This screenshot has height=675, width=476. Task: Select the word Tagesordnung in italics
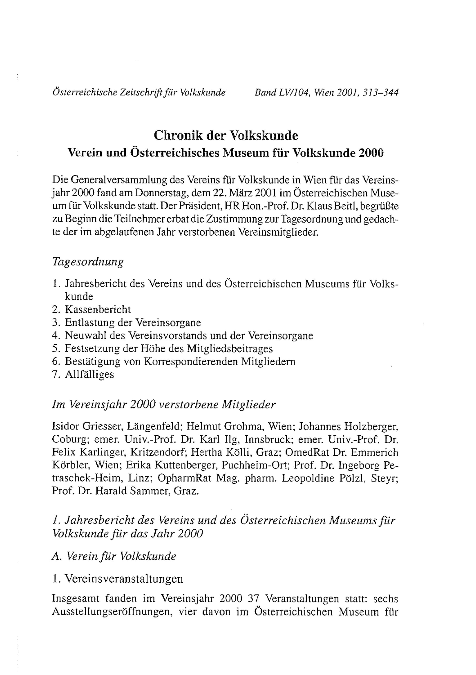tap(88, 262)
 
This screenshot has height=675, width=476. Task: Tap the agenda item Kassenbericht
tap(98, 310)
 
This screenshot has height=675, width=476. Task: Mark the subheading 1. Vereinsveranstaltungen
tap(118, 579)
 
